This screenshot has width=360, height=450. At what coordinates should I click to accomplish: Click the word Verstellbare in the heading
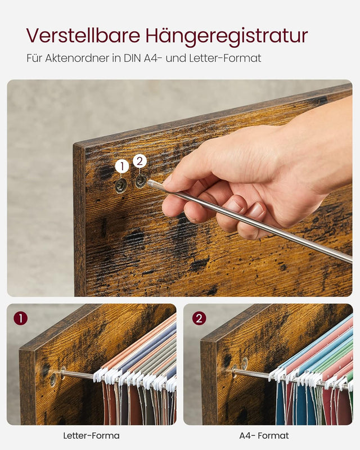click(x=83, y=35)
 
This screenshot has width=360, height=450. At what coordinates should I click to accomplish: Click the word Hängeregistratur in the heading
click(x=227, y=37)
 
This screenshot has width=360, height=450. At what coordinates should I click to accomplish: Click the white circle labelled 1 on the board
click(x=121, y=166)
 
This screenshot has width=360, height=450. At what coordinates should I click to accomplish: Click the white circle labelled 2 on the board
click(x=140, y=161)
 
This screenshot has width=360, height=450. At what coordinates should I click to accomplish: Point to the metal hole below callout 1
click(x=121, y=186)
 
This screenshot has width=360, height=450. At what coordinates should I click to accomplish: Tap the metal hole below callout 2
click(x=140, y=181)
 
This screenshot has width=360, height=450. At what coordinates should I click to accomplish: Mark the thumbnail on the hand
click(x=256, y=210)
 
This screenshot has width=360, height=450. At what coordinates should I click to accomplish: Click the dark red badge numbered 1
click(x=20, y=318)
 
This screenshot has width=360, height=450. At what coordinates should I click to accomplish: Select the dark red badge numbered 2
click(x=199, y=318)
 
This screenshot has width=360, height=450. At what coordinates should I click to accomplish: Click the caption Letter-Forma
click(x=91, y=435)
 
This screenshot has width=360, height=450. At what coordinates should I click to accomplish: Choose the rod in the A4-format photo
click(x=253, y=373)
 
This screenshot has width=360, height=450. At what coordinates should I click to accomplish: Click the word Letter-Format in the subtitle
click(x=231, y=58)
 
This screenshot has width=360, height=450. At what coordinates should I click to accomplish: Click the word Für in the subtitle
click(x=34, y=58)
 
